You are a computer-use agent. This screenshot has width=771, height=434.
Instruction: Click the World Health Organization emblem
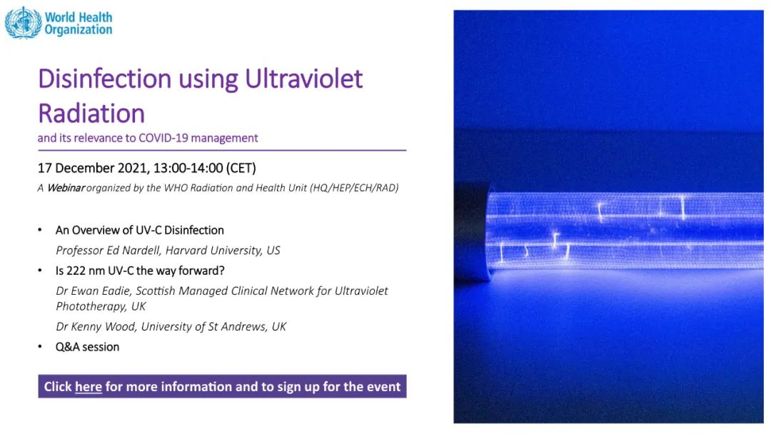tap(23, 23)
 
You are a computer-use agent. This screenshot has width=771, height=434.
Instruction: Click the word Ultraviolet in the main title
tap(304, 79)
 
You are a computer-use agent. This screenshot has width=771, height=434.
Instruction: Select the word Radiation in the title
tap(91, 113)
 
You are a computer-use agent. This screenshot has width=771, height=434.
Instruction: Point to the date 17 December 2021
tap(93, 168)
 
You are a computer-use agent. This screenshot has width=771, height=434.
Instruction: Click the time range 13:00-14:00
tap(188, 168)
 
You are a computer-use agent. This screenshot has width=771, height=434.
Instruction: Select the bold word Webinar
tap(66, 188)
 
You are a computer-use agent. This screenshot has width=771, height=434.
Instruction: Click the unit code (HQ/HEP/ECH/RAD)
tap(354, 188)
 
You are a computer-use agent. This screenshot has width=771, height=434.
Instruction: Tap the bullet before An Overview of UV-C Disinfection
tap(40, 230)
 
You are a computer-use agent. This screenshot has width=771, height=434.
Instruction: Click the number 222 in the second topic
tap(76, 271)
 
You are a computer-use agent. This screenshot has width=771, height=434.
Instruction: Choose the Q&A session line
tap(88, 347)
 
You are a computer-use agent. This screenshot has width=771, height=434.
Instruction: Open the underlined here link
tap(89, 387)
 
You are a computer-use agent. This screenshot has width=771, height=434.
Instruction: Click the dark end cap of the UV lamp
tap(472, 232)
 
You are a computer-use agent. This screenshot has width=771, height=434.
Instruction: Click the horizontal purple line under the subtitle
tap(222, 151)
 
